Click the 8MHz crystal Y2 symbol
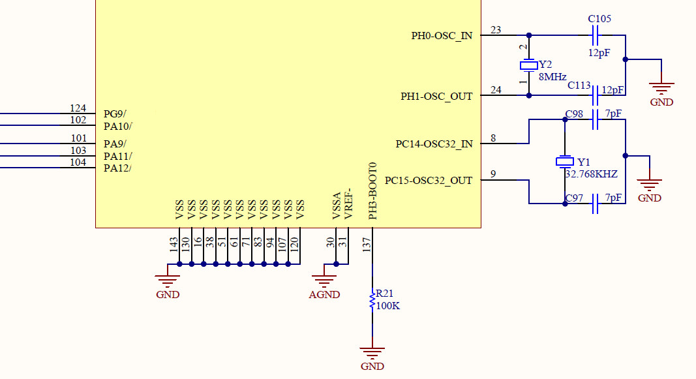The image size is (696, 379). (x=528, y=65)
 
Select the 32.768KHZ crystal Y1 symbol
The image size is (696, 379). (x=564, y=162)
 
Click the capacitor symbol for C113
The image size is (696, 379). (x=595, y=97)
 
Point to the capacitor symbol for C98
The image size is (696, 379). (x=595, y=119)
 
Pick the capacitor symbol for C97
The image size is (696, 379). (x=595, y=204)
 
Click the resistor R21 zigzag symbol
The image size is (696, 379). (x=372, y=301)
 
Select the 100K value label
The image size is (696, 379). (x=387, y=305)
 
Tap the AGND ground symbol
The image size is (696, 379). (x=324, y=282)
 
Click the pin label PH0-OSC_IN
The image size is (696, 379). (x=442, y=36)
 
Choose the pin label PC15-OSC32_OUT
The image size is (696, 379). (x=429, y=181)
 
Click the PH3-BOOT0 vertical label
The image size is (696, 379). (x=372, y=190)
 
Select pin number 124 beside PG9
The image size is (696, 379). (x=78, y=108)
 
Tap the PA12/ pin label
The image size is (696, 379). (x=117, y=168)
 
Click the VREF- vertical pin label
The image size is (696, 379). (x=348, y=205)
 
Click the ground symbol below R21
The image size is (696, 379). (x=372, y=354)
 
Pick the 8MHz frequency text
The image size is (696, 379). (x=552, y=76)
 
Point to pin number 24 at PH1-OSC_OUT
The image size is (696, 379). (x=496, y=90)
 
